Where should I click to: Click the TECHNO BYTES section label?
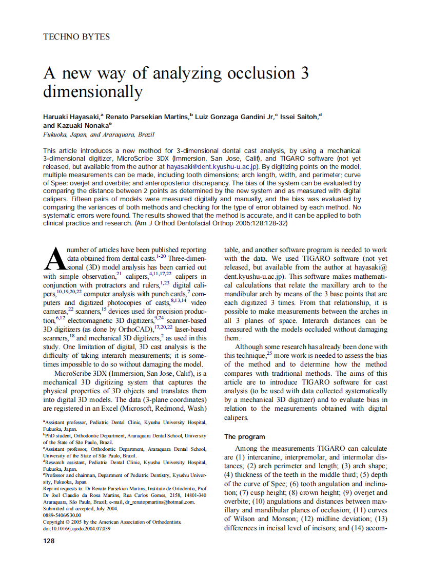(x=76, y=36)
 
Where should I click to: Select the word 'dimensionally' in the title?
(x=92, y=92)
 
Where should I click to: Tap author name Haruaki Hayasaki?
(x=73, y=117)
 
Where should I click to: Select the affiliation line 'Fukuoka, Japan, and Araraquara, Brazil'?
(x=99, y=135)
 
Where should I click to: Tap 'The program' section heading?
(x=245, y=437)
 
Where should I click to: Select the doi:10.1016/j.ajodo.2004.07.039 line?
(x=76, y=528)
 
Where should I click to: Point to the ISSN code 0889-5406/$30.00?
(x=62, y=515)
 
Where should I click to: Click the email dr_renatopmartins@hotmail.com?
(x=160, y=502)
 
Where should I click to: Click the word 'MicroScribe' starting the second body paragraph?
(x=72, y=373)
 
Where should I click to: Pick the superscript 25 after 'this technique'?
(x=269, y=353)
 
